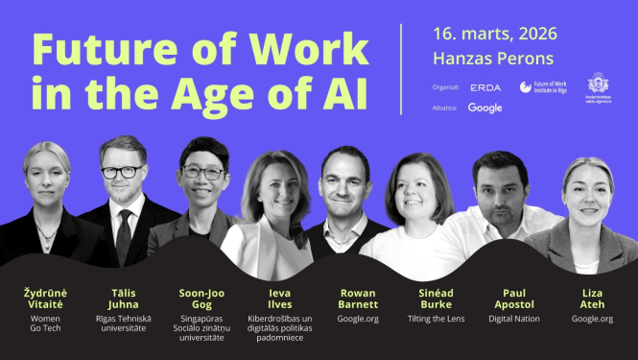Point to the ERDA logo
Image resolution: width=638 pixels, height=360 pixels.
coord(485,87)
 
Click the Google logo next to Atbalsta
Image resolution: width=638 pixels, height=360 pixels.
coord(485,108)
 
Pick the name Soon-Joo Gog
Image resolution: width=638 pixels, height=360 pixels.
coord(201,298)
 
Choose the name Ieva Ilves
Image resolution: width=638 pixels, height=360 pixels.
coord(279,298)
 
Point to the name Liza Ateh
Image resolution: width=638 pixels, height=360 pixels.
coord(592,298)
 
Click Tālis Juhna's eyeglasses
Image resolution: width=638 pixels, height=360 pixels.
coord(121,173)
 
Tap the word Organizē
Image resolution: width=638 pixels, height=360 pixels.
coord(446,87)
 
